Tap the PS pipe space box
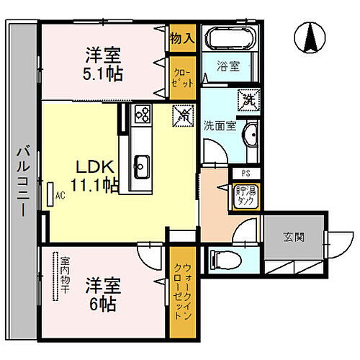pyautogui.click(x=245, y=173)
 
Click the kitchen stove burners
pyautogui.click(x=142, y=113)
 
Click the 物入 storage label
pyautogui.click(x=182, y=37)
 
